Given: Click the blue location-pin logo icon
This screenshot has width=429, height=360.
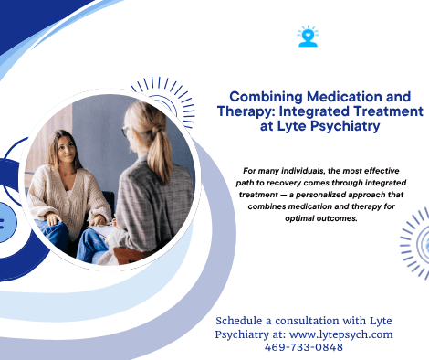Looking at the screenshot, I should [308, 36].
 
